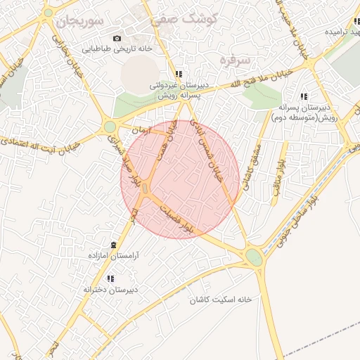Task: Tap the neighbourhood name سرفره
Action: pyautogui.click(x=234, y=60)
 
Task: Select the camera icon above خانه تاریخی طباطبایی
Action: pyautogui.click(x=117, y=39)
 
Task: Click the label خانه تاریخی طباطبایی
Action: pyautogui.click(x=117, y=49)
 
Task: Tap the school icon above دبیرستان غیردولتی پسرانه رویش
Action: pyautogui.click(x=179, y=75)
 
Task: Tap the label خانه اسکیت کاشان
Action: pyautogui.click(x=219, y=300)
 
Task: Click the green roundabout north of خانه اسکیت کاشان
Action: pyautogui.click(x=254, y=257)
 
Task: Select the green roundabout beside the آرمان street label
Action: pyautogui.click(x=110, y=127)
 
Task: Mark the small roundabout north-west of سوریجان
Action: pyautogui.click(x=48, y=12)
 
